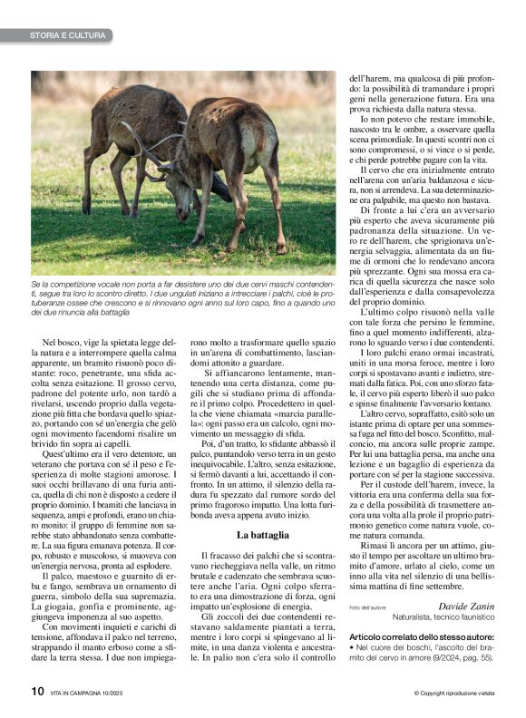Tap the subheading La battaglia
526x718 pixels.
point(262,536)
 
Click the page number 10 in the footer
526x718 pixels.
point(36,692)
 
